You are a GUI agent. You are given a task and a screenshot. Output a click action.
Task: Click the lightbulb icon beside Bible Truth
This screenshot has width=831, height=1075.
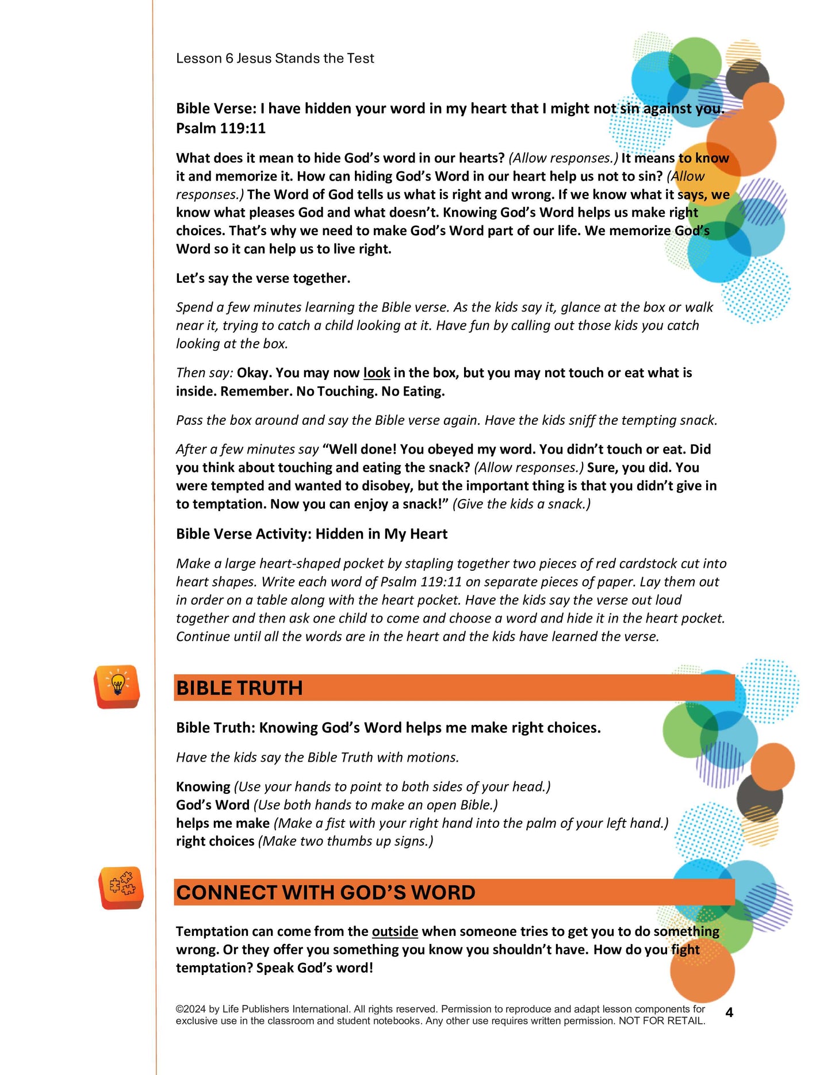(x=117, y=686)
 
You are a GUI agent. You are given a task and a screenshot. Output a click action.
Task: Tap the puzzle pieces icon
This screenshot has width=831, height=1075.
(x=121, y=887)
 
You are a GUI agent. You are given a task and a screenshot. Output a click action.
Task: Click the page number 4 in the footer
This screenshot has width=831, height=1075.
(x=729, y=1012)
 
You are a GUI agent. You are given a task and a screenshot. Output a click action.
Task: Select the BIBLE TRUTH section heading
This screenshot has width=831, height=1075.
(x=239, y=688)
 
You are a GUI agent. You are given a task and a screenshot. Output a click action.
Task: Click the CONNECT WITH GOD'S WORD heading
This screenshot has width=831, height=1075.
(x=325, y=892)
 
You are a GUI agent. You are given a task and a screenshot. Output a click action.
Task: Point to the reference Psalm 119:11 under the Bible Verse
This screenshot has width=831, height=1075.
(x=221, y=128)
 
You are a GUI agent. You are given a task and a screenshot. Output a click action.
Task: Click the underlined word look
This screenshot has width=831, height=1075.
(x=377, y=373)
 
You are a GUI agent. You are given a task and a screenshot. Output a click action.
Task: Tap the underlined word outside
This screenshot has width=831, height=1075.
(x=395, y=931)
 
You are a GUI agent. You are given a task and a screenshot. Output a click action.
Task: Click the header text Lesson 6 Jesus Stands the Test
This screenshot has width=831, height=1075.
(x=275, y=58)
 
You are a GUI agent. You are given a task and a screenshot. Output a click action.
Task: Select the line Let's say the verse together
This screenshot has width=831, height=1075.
(x=263, y=278)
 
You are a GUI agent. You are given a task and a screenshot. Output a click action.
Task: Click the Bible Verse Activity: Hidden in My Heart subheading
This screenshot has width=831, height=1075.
(x=311, y=534)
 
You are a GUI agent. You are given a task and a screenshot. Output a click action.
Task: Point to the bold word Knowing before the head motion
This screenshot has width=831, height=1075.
(x=203, y=786)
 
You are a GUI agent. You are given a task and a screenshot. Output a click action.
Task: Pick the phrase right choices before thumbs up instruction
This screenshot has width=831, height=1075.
(x=215, y=841)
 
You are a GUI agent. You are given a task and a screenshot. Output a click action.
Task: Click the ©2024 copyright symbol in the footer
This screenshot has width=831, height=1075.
(x=179, y=1009)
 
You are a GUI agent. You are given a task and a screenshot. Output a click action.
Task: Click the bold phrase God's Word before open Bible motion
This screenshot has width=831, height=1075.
(x=213, y=805)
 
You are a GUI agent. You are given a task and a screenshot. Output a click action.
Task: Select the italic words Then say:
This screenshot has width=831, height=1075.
(x=205, y=373)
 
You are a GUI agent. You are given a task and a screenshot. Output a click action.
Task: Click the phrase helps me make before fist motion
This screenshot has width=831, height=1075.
(x=223, y=823)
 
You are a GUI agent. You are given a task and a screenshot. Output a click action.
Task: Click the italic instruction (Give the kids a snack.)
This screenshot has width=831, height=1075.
(x=521, y=504)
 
